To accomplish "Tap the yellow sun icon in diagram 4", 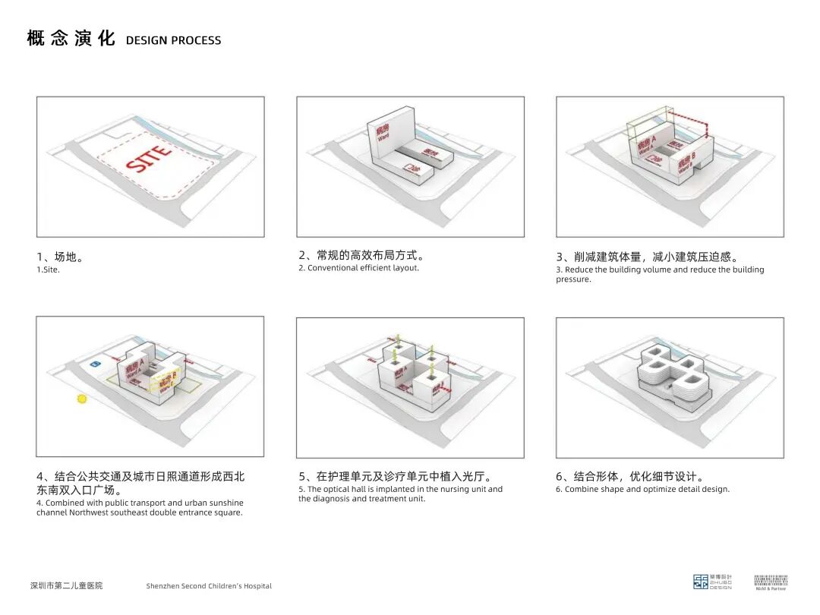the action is pos(82,399).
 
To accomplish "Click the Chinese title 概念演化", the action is pos(71,39).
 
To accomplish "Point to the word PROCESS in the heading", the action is pos(196,40).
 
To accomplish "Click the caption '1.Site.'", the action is pos(48,270).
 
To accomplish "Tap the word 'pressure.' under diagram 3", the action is pos(573,279).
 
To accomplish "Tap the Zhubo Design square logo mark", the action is pos(700,582).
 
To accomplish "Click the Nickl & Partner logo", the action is pos(771,582).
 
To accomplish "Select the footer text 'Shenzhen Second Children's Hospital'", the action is pos(209,586).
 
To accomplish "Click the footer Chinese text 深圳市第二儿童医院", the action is pos(66,585).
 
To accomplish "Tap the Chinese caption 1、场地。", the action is pos(60,257).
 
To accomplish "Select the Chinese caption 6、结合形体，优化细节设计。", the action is pos(630,477).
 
